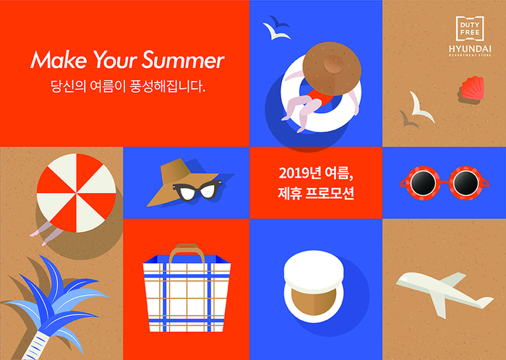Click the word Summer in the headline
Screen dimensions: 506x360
[x=183, y=60]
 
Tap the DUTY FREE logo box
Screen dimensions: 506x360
[x=470, y=29]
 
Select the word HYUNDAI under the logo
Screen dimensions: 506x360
[x=470, y=49]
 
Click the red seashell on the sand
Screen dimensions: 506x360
[x=472, y=88]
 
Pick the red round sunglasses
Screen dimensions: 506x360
[x=445, y=183]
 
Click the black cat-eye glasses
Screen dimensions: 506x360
[x=197, y=191]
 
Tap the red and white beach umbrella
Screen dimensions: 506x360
[x=76, y=193]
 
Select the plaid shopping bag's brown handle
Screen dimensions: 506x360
[x=187, y=253]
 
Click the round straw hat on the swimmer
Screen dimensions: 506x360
[x=332, y=69]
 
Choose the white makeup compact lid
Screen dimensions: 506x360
[x=314, y=271]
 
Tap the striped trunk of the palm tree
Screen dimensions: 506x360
[x=35, y=346]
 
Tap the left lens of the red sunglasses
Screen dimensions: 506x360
[x=422, y=183]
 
